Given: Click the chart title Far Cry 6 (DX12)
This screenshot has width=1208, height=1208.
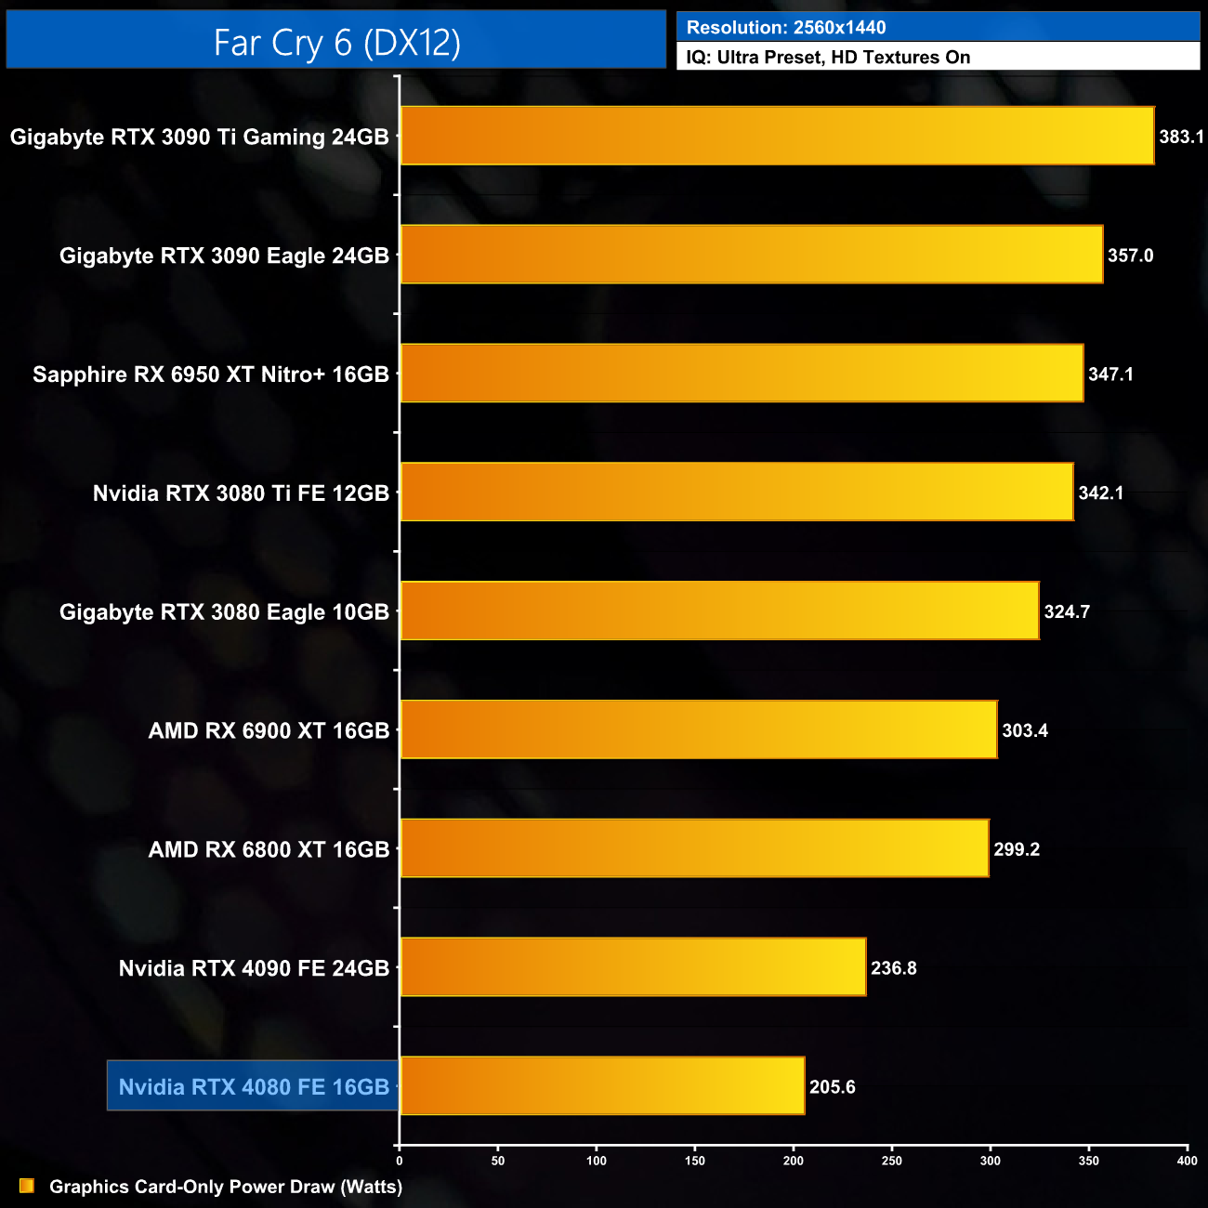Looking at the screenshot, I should [x=336, y=42].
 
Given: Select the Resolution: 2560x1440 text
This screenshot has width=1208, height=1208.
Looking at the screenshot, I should [x=786, y=28].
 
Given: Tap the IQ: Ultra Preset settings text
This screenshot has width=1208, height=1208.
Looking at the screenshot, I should [x=828, y=58].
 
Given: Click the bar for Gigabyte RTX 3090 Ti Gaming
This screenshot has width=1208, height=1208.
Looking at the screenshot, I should [x=777, y=136].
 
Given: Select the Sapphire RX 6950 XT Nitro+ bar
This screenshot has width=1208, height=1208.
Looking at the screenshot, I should [x=742, y=374].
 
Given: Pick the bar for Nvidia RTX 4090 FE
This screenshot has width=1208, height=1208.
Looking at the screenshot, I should [x=633, y=967].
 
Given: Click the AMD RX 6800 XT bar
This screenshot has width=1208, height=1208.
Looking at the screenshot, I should [x=694, y=848].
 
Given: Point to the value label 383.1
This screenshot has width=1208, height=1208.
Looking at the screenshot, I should [x=1181, y=138].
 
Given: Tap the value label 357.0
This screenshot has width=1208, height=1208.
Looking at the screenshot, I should [x=1130, y=256].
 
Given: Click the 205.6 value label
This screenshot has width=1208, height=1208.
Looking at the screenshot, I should [x=832, y=1087].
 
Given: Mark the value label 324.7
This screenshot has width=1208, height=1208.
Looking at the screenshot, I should [x=1067, y=612].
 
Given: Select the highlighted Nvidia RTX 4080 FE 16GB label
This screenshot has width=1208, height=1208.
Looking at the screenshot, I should [x=254, y=1086].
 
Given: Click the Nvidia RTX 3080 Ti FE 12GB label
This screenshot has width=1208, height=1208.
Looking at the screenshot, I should [x=241, y=493].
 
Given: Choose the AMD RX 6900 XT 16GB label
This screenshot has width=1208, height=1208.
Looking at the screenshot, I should [x=269, y=731].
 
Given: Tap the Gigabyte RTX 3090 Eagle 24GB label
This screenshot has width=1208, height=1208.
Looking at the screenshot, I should [x=224, y=256].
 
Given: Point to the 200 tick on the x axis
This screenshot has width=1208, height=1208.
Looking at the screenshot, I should [x=794, y=1161].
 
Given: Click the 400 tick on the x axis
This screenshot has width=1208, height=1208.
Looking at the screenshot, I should [x=1187, y=1161].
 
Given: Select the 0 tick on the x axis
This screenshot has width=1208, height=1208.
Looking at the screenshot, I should [x=400, y=1161].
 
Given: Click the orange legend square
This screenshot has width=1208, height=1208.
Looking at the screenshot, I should [x=27, y=1186].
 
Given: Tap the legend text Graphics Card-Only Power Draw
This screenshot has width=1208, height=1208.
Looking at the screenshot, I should [x=226, y=1187].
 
